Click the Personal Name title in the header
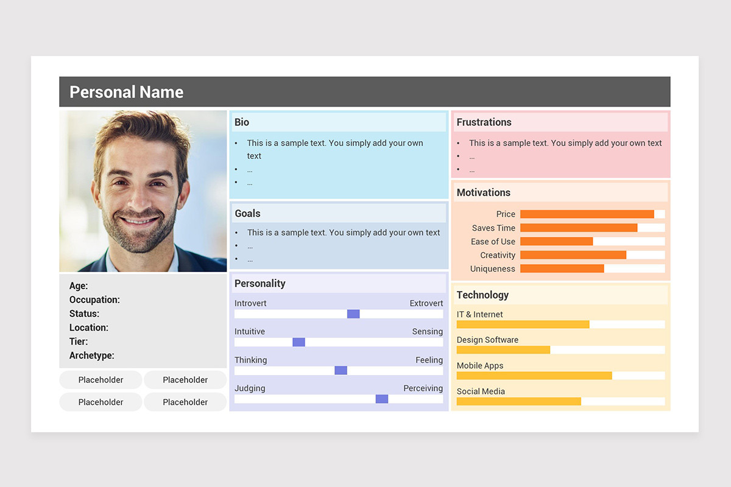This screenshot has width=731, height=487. coord(126,93)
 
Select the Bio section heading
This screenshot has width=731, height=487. coord(242,122)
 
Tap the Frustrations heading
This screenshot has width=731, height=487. coord(484,122)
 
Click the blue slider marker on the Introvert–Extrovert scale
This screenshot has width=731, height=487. coord(353,314)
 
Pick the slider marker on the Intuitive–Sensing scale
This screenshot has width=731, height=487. coord(299,342)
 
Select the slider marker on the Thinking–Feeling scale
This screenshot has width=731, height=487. coord(341,371)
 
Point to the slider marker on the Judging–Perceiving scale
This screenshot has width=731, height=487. coord(382,399)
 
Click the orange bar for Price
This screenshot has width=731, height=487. coord(587,214)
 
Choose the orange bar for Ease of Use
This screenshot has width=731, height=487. coord(557,242)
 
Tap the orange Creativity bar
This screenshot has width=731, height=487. coord(573,255)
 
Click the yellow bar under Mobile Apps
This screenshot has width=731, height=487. coord(535,376)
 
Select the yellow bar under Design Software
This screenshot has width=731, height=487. coord(504,350)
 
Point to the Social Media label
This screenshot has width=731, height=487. coord(481,391)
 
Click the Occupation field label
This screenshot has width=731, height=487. coord(94,300)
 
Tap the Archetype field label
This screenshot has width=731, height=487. coord(92,356)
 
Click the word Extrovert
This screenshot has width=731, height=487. coord(426,303)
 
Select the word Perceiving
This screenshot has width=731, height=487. coord(423,388)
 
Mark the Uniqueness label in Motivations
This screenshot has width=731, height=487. coord(493,269)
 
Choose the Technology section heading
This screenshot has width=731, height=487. coord(482,295)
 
